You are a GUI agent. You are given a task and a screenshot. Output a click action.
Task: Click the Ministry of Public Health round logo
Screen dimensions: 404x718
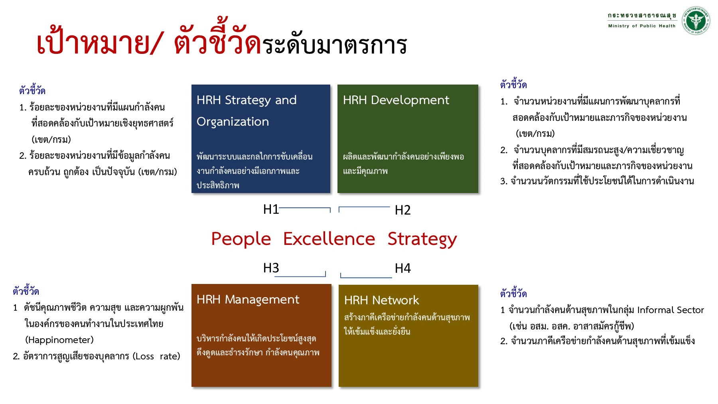pyautogui.click(x=696, y=20)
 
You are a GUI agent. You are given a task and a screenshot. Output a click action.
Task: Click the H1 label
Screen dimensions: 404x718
pyautogui.click(x=271, y=209)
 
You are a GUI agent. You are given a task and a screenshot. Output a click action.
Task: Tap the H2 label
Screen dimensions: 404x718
pyautogui.click(x=402, y=210)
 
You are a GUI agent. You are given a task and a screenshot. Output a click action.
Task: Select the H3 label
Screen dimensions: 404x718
pyautogui.click(x=271, y=268)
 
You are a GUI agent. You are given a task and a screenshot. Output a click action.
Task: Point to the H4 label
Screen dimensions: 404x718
pyautogui.click(x=402, y=268)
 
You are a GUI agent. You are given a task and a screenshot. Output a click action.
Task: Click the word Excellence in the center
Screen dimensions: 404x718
pyautogui.click(x=329, y=239)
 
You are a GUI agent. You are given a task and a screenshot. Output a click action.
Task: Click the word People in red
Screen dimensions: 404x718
pyautogui.click(x=241, y=239)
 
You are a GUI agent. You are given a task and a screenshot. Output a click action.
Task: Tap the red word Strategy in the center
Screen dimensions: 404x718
pyautogui.click(x=422, y=239)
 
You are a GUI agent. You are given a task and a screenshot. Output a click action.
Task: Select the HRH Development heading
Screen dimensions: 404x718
pyautogui.click(x=396, y=100)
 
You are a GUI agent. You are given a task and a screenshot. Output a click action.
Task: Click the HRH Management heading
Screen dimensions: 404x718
pyautogui.click(x=248, y=300)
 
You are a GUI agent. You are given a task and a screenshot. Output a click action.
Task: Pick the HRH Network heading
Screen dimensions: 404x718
pyautogui.click(x=381, y=300)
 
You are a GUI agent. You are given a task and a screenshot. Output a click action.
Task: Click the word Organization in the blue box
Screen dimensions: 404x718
pyautogui.click(x=233, y=122)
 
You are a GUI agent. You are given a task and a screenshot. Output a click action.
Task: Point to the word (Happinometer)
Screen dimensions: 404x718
pyautogui.click(x=59, y=340)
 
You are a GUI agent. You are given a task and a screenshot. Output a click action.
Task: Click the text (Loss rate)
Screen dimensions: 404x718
pyautogui.click(x=156, y=356)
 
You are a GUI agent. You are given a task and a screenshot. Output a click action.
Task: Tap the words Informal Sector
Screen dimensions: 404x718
pyautogui.click(x=670, y=310)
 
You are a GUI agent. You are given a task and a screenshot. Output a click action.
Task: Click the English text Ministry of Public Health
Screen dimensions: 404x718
pyautogui.click(x=641, y=26)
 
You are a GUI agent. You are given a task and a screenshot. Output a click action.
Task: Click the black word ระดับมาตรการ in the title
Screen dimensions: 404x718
pyautogui.click(x=334, y=45)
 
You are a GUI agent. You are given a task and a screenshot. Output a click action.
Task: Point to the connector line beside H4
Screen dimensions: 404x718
pyautogui.click(x=366, y=277)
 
